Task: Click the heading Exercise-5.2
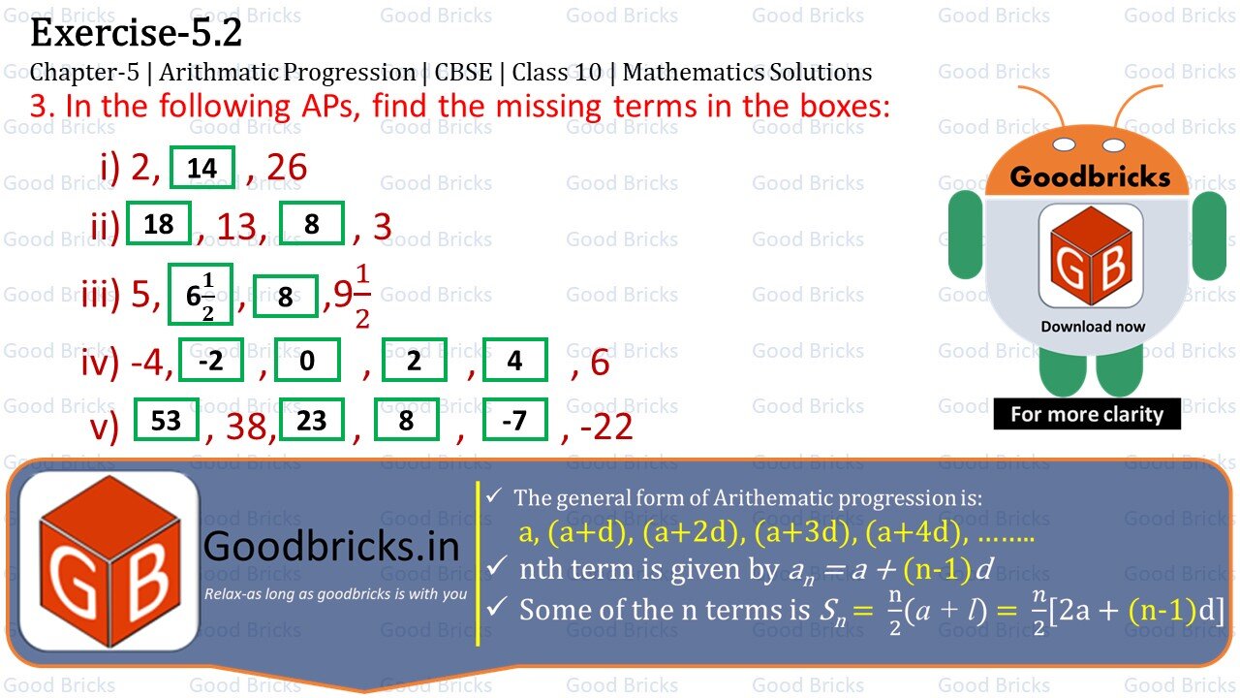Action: tap(136, 34)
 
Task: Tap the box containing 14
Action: tap(202, 168)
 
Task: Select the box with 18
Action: tap(159, 224)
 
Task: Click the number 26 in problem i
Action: tap(287, 168)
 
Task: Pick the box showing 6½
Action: tap(201, 294)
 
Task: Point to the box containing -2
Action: tap(210, 361)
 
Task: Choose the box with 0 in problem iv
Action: tap(307, 361)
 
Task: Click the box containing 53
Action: tap(167, 420)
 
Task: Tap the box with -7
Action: tap(514, 420)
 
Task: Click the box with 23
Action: tap(312, 420)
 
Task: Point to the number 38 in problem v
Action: tap(249, 425)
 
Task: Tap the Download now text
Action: tap(1093, 327)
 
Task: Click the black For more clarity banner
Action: tap(1087, 414)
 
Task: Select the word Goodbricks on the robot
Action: tap(1090, 176)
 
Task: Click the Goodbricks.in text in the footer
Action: tap(331, 547)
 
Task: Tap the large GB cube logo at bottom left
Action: tap(108, 561)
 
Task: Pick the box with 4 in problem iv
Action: tap(514, 361)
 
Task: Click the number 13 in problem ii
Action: tap(239, 227)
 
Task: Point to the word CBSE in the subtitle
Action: tap(462, 73)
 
